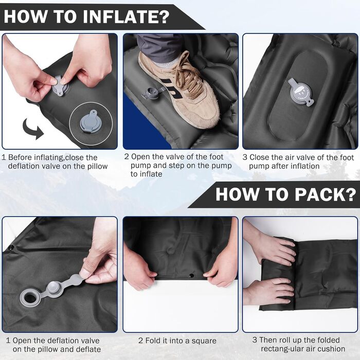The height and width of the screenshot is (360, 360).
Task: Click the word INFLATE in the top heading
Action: [x=126, y=16]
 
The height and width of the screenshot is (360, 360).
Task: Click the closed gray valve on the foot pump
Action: [x=300, y=93]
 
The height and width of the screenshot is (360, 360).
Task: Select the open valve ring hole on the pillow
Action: [x=30, y=298]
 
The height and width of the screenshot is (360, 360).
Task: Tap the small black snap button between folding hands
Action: [x=191, y=276]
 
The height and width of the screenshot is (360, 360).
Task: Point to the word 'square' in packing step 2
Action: [x=204, y=341]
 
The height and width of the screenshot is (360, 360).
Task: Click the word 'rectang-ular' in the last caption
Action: [x=285, y=349]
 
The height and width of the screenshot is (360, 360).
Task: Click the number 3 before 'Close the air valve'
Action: [x=245, y=157]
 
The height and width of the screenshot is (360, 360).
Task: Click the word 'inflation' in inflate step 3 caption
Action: [x=303, y=166]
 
